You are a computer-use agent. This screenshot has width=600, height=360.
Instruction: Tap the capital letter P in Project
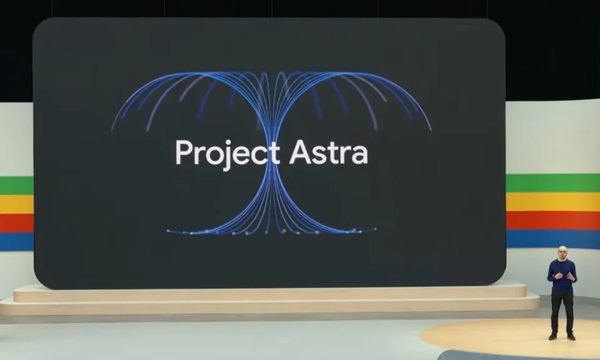pos(181,153)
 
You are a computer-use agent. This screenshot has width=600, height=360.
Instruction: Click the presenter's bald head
pos(562,251)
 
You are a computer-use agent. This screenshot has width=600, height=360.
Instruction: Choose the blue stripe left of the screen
pos(16,241)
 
